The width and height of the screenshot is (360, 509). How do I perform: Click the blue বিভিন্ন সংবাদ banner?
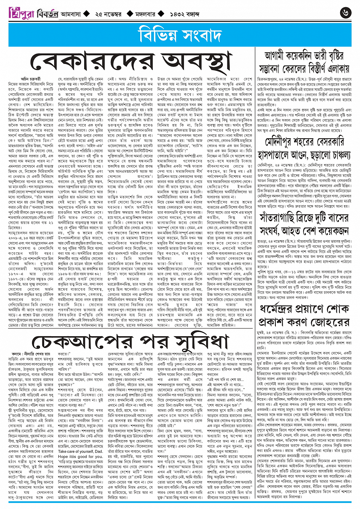click(180, 37)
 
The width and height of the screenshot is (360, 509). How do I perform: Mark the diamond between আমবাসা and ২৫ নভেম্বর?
click(86, 14)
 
